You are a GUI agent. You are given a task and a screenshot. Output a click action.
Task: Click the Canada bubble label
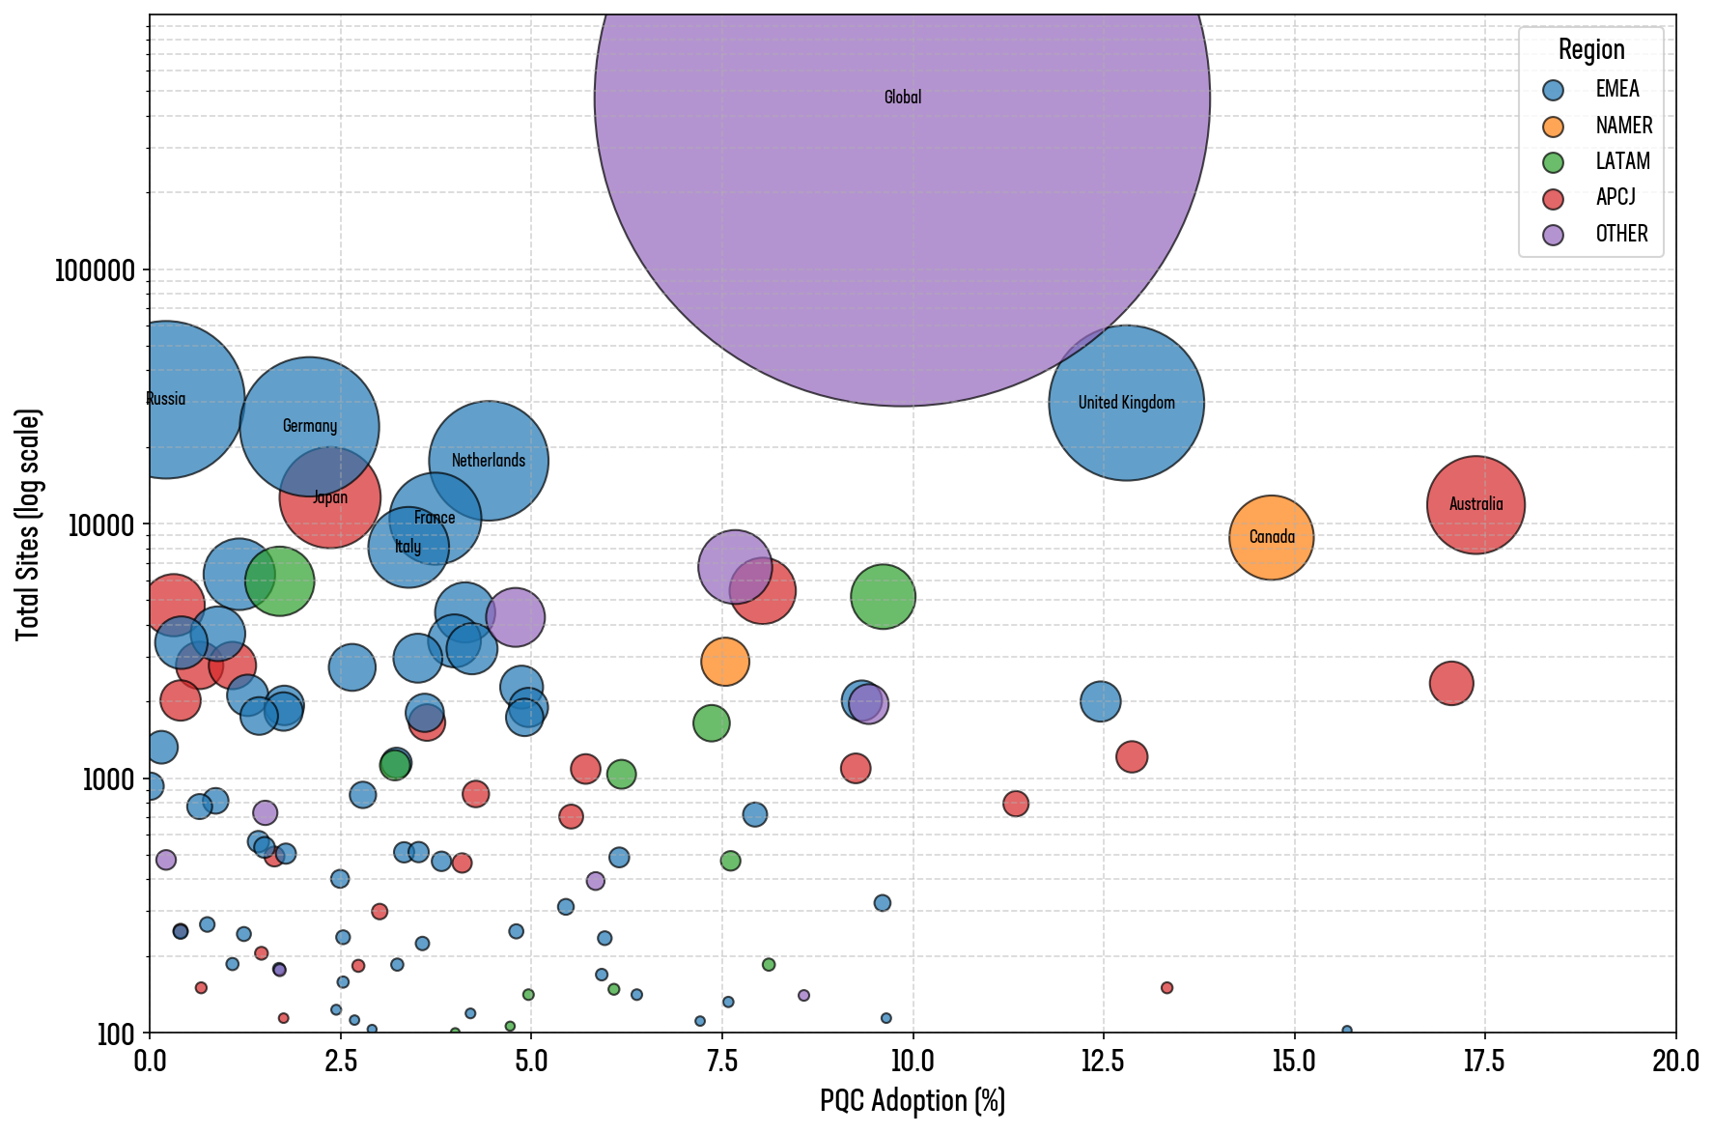(1271, 537)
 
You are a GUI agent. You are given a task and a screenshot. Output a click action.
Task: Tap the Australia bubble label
(1475, 504)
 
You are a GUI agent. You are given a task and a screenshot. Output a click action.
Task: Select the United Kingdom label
(1126, 403)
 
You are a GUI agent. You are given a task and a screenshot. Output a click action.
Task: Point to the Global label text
(903, 98)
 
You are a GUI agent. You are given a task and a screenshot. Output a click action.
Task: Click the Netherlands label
(489, 461)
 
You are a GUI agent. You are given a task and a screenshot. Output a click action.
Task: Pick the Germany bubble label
(310, 426)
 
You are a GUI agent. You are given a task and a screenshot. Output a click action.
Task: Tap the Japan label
(330, 497)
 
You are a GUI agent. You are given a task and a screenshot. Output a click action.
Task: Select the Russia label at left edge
(166, 399)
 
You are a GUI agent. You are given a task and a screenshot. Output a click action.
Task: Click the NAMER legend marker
(1553, 127)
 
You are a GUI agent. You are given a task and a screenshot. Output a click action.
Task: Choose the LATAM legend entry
(1622, 161)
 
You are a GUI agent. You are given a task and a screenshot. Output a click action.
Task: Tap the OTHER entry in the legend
(1621, 234)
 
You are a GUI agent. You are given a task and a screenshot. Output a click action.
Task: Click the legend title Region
(1590, 49)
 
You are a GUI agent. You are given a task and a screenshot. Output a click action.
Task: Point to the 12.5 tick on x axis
(1103, 1062)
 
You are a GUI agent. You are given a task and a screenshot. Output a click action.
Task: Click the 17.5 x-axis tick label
(1484, 1062)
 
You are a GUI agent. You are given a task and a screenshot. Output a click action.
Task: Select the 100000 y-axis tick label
(95, 270)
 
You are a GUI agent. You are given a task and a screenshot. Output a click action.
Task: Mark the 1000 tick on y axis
(108, 779)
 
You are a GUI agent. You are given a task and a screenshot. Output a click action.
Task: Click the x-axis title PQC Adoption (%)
(913, 1101)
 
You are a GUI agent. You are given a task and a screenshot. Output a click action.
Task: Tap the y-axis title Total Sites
(29, 524)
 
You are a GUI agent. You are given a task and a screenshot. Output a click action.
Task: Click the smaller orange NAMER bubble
(725, 662)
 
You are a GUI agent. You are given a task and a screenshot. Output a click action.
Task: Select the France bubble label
(435, 518)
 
